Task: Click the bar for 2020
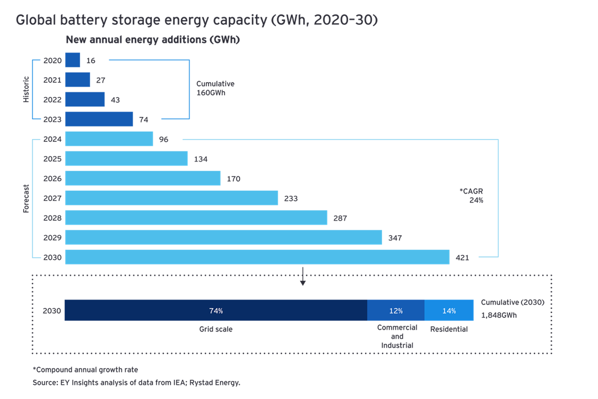click(73, 60)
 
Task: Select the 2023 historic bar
click(99, 119)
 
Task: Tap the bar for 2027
click(172, 198)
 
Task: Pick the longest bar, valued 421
click(257, 257)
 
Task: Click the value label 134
click(200, 159)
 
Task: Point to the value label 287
click(340, 218)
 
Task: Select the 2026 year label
click(52, 178)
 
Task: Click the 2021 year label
click(52, 80)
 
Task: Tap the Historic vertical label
click(25, 89)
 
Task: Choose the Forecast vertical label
click(25, 198)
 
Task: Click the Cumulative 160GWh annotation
click(215, 88)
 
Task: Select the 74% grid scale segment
click(215, 311)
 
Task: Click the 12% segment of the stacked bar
click(395, 311)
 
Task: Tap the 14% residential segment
click(448, 311)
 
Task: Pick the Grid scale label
click(215, 329)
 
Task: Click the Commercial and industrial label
click(397, 336)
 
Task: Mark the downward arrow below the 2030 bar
click(303, 277)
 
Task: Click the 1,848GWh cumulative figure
click(498, 315)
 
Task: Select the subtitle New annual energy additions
click(153, 40)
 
